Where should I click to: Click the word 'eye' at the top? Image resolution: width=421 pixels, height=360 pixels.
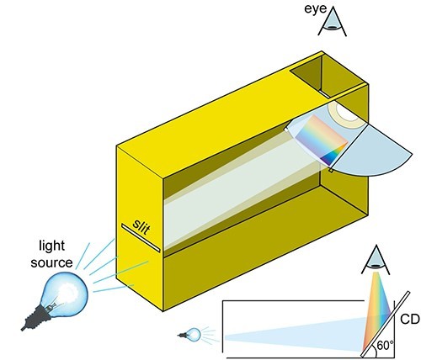tap(316, 9)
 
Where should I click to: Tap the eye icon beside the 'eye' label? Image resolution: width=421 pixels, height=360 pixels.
tap(333, 22)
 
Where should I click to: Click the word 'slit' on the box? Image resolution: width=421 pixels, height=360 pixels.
tap(141, 227)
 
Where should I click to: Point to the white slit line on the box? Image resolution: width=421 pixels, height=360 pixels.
tap(141, 238)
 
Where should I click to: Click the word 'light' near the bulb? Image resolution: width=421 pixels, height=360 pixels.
tap(52, 246)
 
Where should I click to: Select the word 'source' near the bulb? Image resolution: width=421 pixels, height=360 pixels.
tap(51, 262)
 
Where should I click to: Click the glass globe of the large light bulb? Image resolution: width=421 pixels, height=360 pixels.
tap(65, 292)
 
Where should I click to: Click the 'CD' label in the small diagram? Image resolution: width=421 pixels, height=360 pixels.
tap(410, 320)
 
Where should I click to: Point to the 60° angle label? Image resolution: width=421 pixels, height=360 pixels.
tap(385, 345)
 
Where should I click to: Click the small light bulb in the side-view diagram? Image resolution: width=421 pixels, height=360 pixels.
tap(190, 335)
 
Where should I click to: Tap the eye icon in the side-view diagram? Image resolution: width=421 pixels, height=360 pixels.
tap(376, 260)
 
